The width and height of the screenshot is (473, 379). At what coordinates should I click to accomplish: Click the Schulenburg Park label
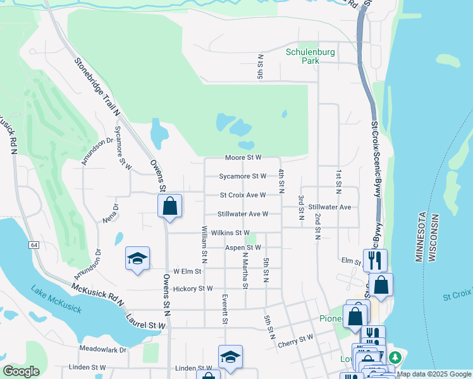[x=309, y=56]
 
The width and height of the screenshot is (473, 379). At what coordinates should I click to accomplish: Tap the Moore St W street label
[x=243, y=158]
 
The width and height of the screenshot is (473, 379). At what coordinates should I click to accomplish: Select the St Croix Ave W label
[x=243, y=196]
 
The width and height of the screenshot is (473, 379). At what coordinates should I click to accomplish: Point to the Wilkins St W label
[x=230, y=233]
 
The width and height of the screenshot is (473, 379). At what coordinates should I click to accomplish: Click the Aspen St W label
[x=243, y=248]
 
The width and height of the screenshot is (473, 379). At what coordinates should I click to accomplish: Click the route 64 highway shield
[x=34, y=244]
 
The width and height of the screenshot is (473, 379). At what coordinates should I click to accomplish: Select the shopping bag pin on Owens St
[x=169, y=206]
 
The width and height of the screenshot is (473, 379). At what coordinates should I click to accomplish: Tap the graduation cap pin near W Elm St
[x=137, y=258]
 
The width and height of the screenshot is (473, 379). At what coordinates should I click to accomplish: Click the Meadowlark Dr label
[x=103, y=349]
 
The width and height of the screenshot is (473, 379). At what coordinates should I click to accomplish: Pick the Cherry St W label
[x=297, y=338]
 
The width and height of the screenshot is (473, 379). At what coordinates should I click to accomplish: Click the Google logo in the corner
[x=21, y=371]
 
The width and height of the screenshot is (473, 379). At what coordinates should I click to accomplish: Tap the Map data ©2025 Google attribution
[x=434, y=374]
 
